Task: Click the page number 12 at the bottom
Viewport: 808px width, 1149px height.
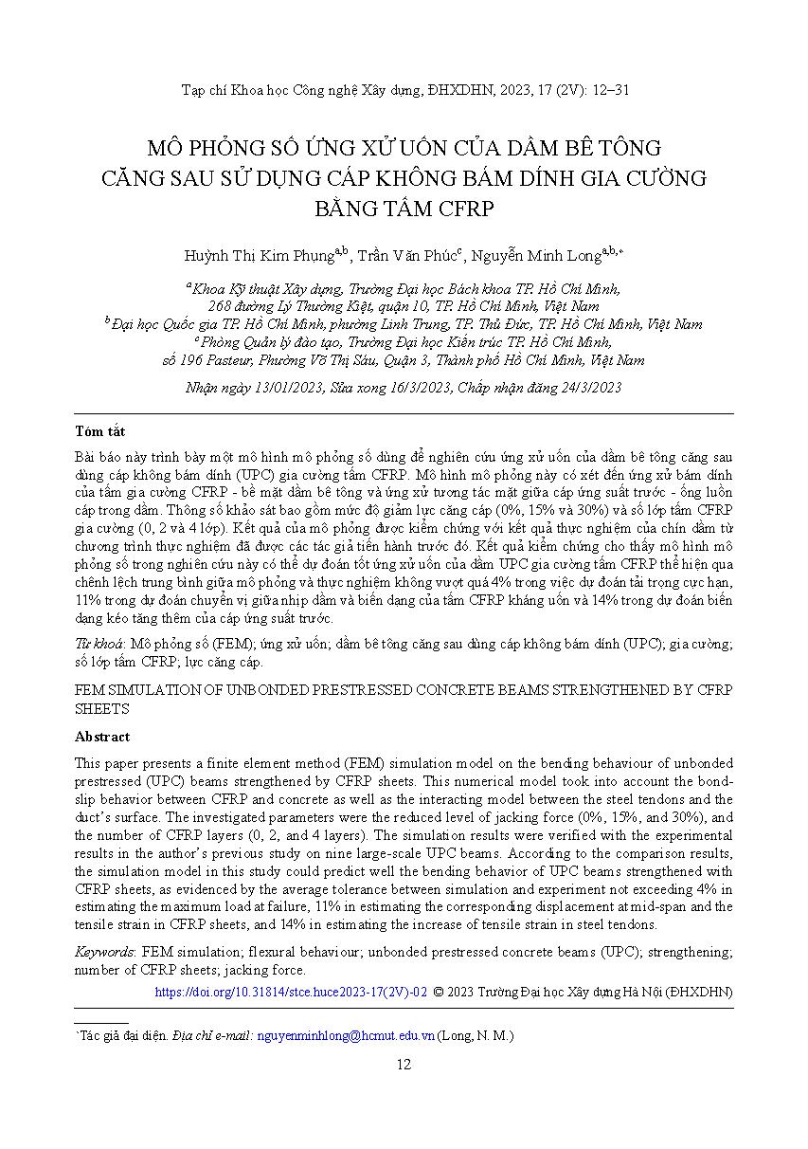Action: [404, 1065]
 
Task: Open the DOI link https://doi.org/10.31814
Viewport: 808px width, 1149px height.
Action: [291, 992]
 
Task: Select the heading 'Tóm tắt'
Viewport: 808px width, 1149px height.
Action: [100, 431]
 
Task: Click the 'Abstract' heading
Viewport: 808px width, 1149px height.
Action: [102, 737]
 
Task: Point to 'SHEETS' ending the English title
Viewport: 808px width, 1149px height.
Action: [101, 708]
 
